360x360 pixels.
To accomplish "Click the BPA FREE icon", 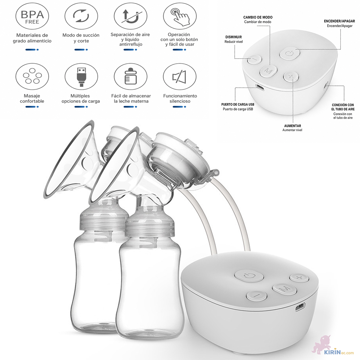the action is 32,16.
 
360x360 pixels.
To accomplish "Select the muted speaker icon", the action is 179,76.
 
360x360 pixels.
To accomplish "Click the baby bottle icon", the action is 130,76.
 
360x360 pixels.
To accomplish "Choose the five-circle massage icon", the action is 32,76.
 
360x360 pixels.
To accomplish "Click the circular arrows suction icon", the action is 81,16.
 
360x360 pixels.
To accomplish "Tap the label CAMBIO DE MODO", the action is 258,17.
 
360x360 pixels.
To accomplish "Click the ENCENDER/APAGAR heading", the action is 339,21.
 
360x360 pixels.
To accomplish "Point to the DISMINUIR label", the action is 233,37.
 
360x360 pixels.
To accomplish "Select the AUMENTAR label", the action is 292,126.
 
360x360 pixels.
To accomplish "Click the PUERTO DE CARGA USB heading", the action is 238,105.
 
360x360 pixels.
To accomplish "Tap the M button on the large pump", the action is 284,289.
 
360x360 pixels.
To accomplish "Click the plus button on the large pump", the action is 299,277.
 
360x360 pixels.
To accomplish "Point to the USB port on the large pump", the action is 300,307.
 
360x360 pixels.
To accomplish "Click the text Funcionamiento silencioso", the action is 180,98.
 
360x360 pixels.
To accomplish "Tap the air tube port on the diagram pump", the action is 326,85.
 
